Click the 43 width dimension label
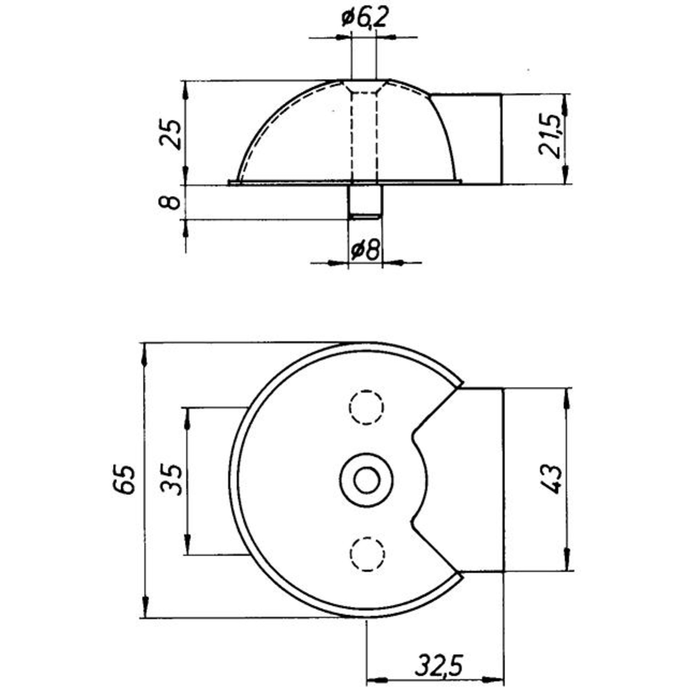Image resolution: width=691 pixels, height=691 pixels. click(x=551, y=480)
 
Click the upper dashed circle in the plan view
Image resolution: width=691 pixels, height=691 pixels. click(x=366, y=407)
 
